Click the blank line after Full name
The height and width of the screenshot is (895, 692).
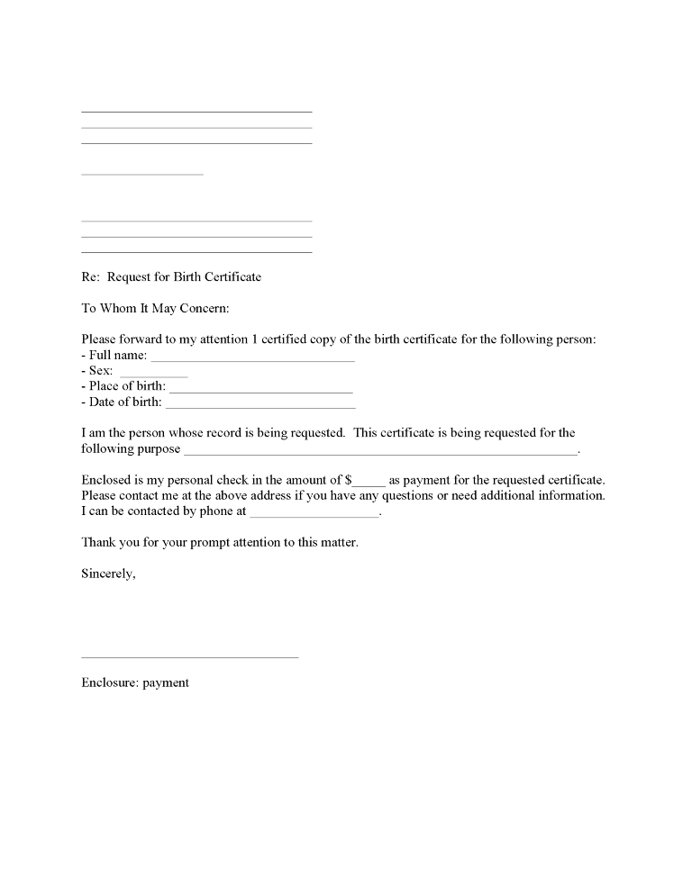[252, 359]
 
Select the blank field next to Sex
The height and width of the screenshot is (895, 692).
[153, 375]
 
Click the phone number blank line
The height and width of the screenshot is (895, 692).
[314, 515]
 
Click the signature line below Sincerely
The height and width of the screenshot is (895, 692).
[189, 656]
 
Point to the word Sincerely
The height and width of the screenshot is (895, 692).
[108, 574]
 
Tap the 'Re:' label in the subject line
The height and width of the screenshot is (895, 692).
[90, 276]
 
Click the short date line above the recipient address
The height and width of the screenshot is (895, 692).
[142, 173]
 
